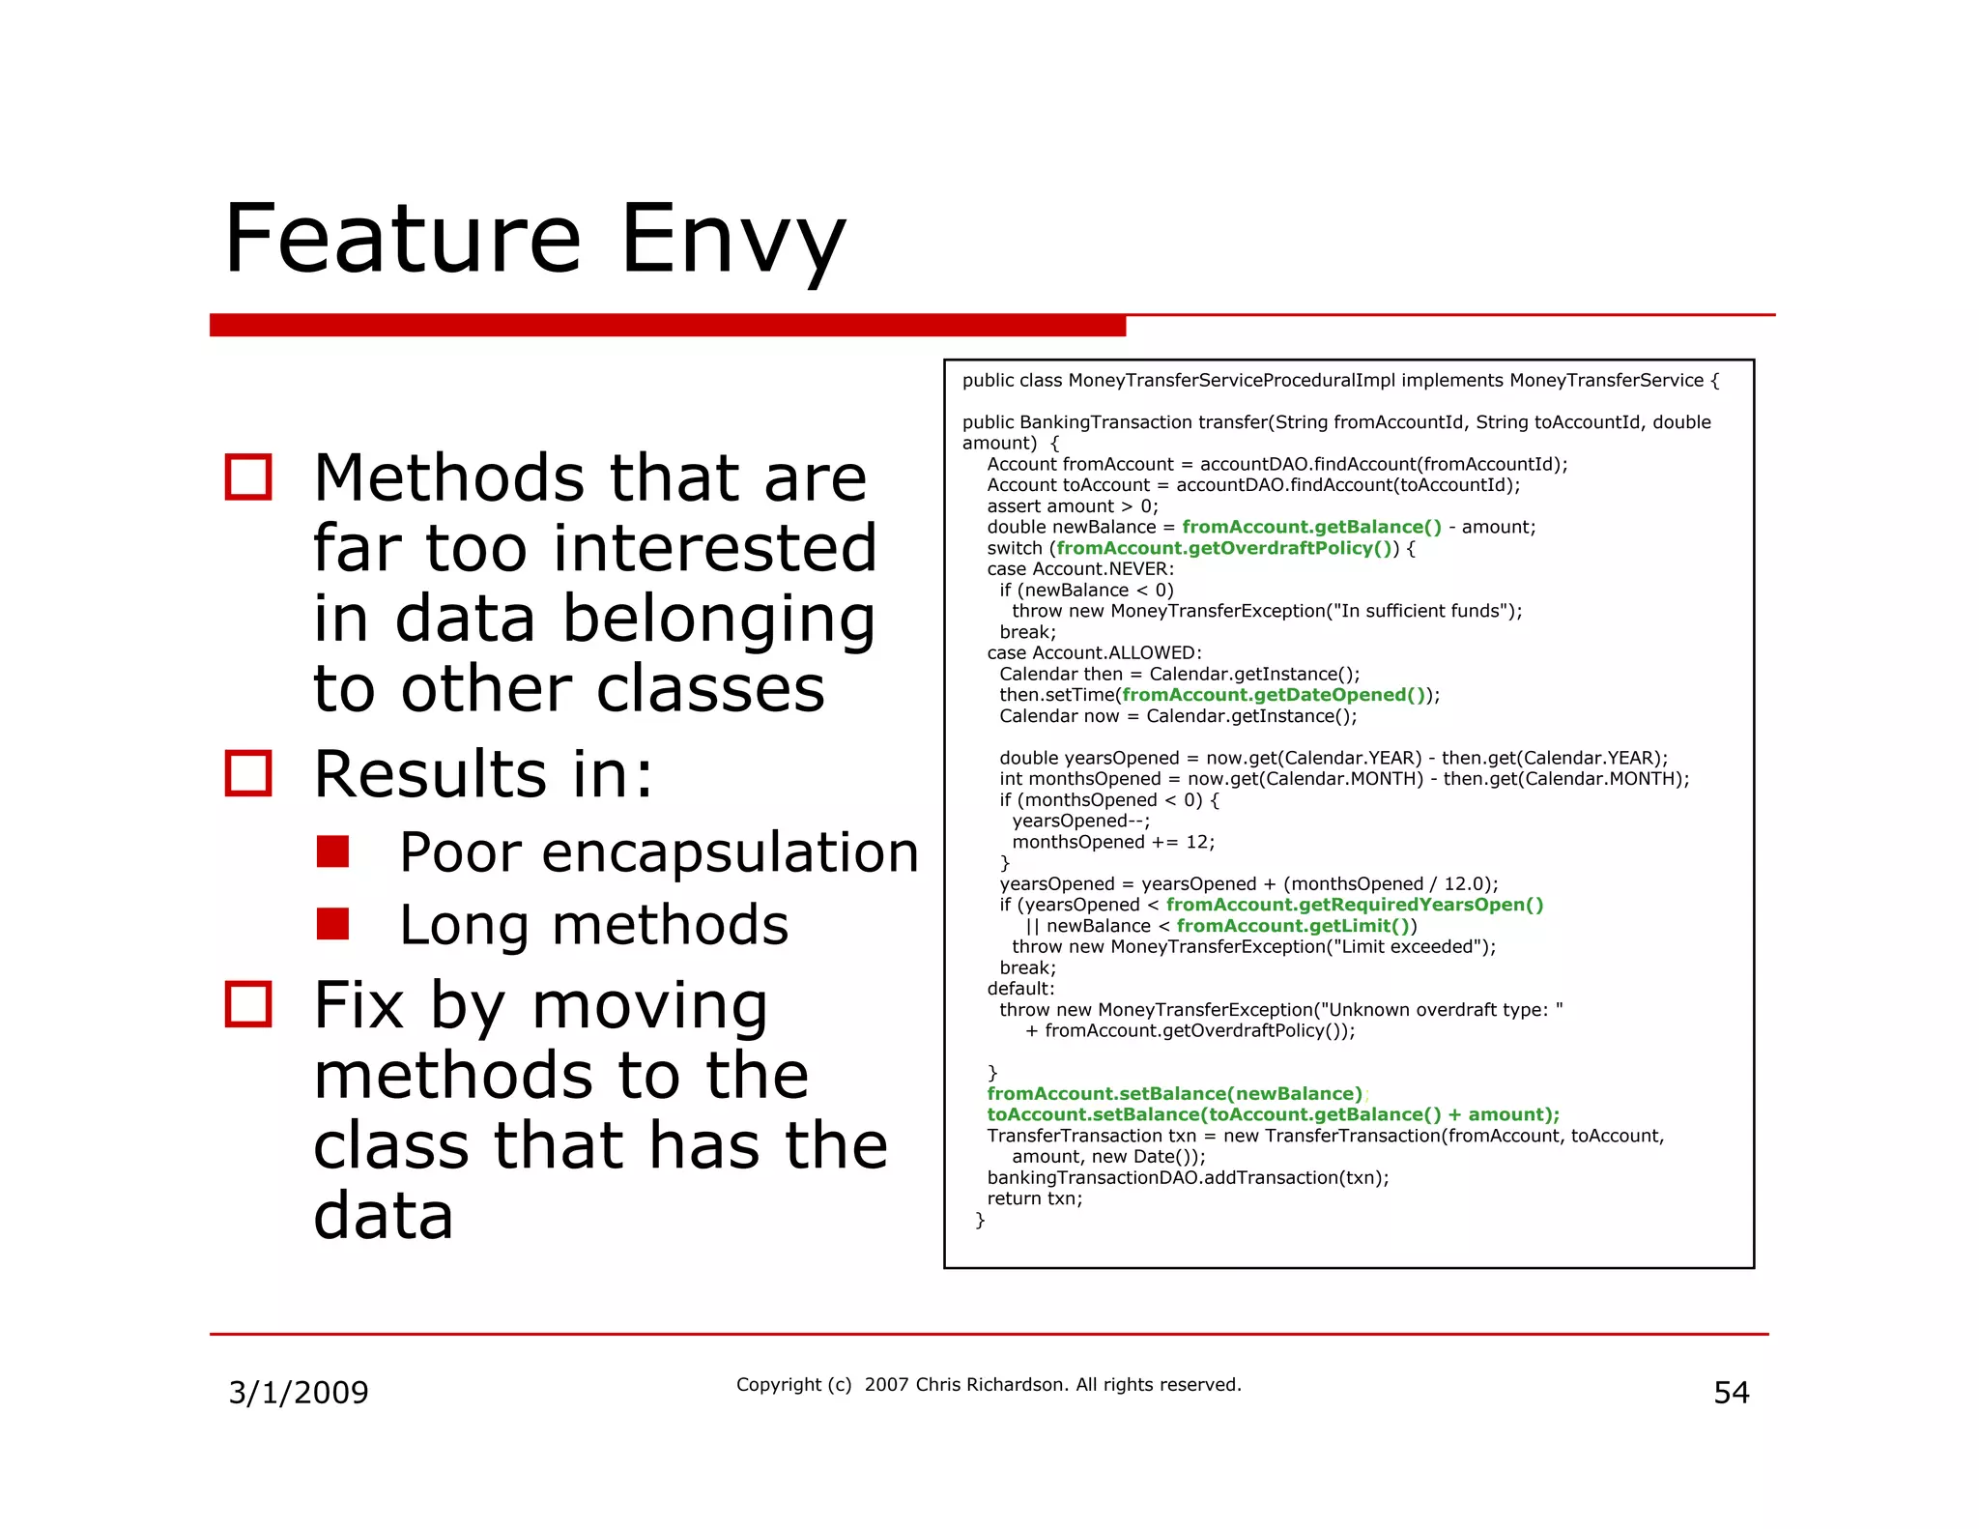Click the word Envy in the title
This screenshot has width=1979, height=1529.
click(x=732, y=239)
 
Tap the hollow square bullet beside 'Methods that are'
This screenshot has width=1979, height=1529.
click(x=248, y=476)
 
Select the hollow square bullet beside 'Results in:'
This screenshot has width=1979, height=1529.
click(x=248, y=773)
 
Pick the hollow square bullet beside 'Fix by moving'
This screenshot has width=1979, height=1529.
click(x=248, y=1004)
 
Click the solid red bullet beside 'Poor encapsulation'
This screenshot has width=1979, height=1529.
click(x=332, y=851)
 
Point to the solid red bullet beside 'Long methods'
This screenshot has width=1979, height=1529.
click(x=332, y=924)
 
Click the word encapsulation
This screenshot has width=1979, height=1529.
click(x=730, y=853)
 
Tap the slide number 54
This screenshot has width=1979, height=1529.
click(x=1731, y=1393)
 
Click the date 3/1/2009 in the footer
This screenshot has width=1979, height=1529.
click(x=299, y=1393)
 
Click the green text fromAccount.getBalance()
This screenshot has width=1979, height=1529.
click(x=1311, y=527)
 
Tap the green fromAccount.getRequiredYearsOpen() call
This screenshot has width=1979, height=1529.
click(x=1354, y=905)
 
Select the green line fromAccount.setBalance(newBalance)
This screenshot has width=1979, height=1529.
click(x=1174, y=1094)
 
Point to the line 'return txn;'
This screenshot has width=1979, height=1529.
click(x=1035, y=1198)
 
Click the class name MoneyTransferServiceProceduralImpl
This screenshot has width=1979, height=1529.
click(x=1231, y=381)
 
